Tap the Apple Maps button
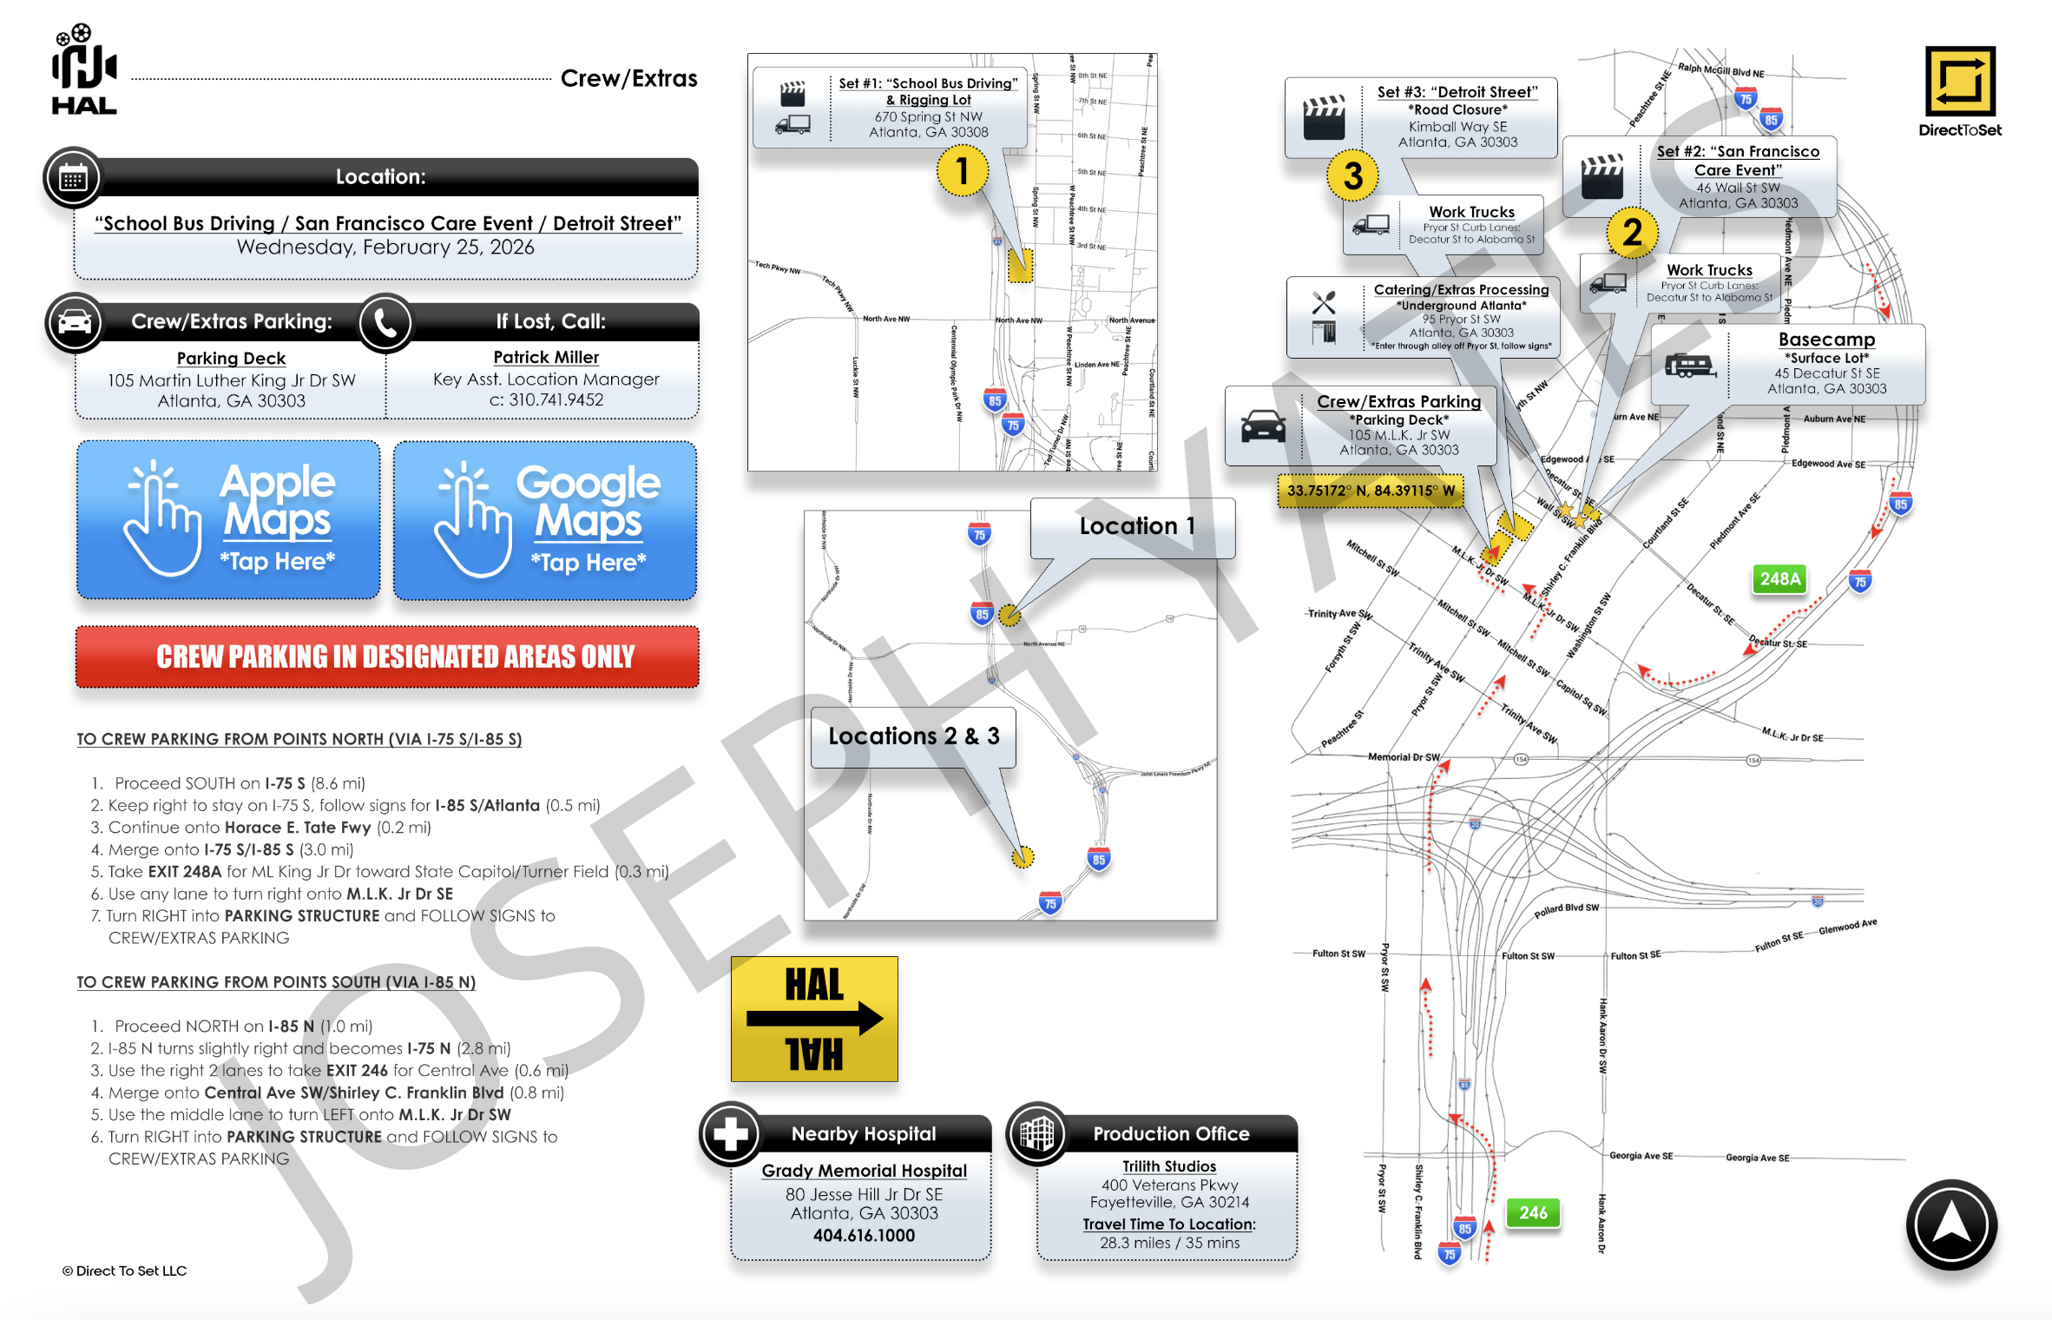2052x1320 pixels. [228, 519]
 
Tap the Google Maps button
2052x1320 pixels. [545, 520]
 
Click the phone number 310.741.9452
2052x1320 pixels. [556, 399]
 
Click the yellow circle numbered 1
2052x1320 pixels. [962, 171]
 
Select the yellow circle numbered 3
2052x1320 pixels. [1352, 175]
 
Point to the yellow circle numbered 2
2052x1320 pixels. [1632, 232]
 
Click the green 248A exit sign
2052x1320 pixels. [1779, 579]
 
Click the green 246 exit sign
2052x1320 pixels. [1532, 1212]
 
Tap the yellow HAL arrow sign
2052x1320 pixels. [814, 1019]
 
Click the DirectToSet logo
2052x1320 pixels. [1960, 91]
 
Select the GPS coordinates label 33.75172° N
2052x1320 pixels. [1370, 491]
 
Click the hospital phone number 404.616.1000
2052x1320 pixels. [864, 1235]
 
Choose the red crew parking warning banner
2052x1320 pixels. [387, 657]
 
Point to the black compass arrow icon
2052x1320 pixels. [1951, 1224]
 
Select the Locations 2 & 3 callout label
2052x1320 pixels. [913, 736]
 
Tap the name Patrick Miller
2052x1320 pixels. [546, 357]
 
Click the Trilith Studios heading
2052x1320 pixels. [1168, 1166]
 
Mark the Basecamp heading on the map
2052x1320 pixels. [1826, 340]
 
